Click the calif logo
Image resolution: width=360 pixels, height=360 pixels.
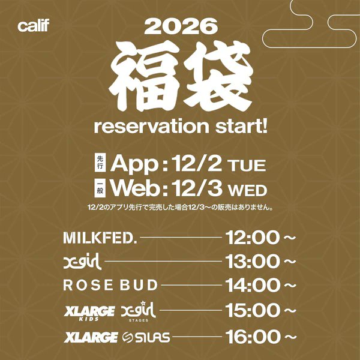(34, 26)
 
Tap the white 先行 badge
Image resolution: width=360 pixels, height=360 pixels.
(100, 162)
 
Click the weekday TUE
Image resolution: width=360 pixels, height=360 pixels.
(244, 164)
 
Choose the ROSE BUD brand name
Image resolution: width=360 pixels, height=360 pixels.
(110, 285)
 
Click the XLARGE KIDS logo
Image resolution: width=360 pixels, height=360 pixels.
(89, 311)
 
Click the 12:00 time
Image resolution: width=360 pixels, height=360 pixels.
(252, 238)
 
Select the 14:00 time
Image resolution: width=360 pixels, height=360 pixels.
(252, 285)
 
